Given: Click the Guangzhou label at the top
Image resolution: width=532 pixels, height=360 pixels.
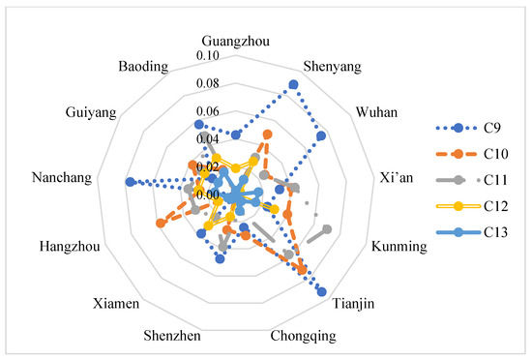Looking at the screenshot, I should point(236,41).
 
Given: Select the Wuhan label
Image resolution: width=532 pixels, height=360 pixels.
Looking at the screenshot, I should point(376,112).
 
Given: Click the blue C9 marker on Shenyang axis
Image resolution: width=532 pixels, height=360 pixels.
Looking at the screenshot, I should point(293,85).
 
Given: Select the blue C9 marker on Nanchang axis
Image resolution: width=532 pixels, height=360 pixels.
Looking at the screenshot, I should point(131,182).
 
